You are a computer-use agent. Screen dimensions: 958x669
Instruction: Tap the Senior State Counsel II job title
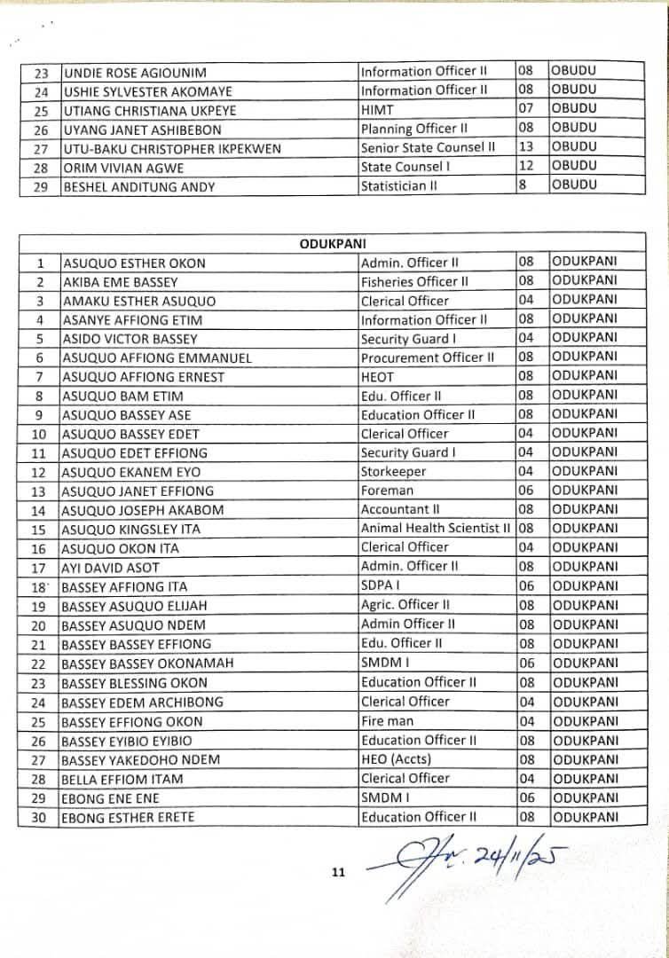coord(428,147)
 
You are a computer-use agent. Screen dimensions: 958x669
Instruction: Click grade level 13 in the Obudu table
coord(525,147)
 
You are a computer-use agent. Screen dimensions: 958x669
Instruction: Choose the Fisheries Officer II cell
coord(414,281)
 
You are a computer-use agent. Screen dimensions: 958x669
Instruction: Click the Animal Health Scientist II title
coord(435,528)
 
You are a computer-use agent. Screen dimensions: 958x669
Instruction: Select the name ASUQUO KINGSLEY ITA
coord(130,529)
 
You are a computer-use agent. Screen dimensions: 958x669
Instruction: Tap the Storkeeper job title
coord(393,472)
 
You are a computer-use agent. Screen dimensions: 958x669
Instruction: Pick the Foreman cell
coord(387,491)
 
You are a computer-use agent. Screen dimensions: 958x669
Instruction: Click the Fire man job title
coord(388,720)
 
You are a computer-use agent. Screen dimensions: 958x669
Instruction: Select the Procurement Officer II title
coord(428,357)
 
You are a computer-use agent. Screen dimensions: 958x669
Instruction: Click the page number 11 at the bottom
coord(337,873)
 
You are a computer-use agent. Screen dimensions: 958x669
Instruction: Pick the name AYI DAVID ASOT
coord(110,567)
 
